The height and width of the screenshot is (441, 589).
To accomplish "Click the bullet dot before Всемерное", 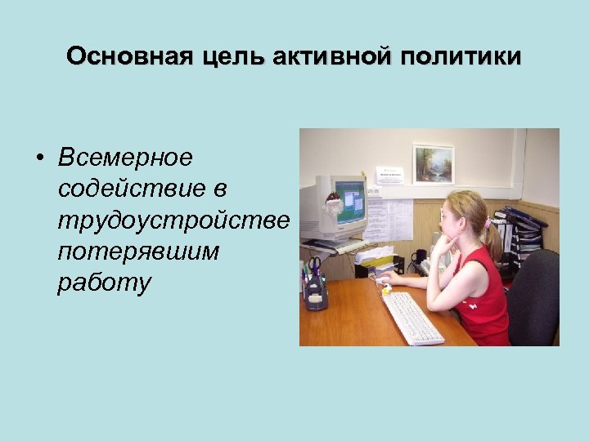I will tap(39, 157).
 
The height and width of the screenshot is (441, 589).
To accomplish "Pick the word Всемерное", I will tap(125, 156).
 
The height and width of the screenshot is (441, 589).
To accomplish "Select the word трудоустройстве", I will tap(174, 220).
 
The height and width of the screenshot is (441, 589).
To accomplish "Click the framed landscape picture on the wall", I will tap(434, 163).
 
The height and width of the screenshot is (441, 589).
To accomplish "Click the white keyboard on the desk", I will tap(412, 317).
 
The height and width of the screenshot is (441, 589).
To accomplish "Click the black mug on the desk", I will tap(419, 259).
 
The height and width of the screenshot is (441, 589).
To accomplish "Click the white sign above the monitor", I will tap(390, 174).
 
